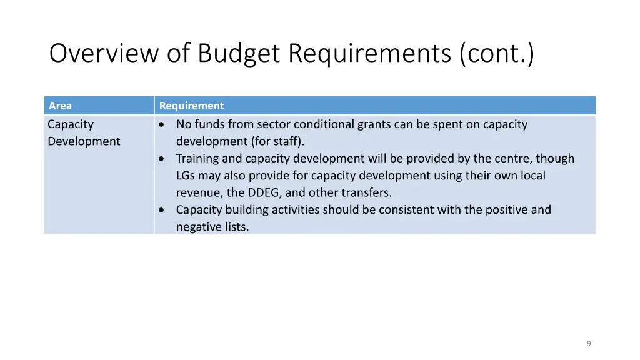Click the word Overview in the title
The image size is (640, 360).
(104, 54)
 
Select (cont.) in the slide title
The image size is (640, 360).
(497, 54)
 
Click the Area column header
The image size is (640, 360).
(60, 106)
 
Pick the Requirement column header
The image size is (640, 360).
(191, 106)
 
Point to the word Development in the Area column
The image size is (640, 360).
(84, 141)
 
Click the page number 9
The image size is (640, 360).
(589, 344)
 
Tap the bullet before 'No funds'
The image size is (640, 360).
(162, 124)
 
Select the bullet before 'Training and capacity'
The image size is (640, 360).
(162, 159)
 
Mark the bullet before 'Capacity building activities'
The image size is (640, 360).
(162, 210)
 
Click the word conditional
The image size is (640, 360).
(324, 124)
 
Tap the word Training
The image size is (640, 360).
(197, 159)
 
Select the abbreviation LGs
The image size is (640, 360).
(186, 176)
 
